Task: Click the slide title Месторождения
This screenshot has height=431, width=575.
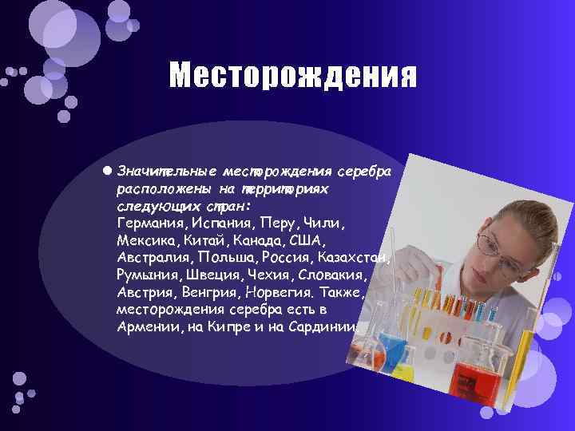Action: pos(292,77)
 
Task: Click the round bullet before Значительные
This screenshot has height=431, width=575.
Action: pos(107,171)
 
